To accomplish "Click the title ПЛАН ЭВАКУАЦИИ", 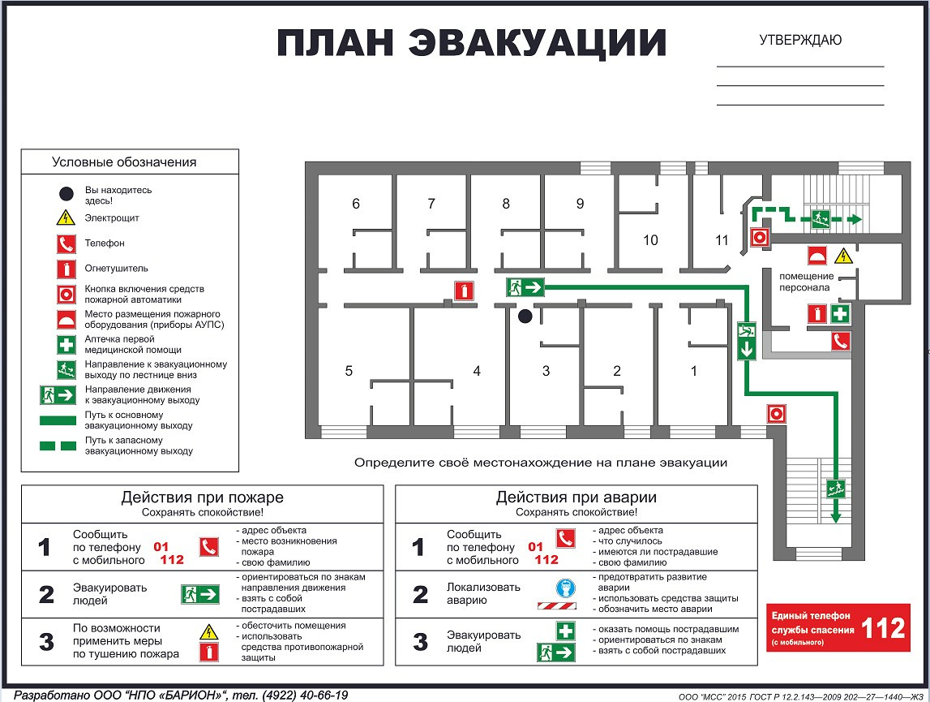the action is pos(472,43).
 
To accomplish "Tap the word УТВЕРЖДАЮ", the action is pos(800,40).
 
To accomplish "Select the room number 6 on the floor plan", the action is pos(356,204).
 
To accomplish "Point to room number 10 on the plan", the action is pos(650,240).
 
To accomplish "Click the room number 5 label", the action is pos(349,371).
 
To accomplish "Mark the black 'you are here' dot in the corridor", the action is pos(525,316).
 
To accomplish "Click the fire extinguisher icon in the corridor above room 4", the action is pos(464,291).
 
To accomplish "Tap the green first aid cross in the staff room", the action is pos(841,314).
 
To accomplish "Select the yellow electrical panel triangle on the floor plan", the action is pos(844,256).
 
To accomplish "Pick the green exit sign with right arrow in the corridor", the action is pos(525,286).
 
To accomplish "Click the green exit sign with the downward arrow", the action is pos(747,341).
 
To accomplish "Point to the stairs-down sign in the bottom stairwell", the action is pos(837,489).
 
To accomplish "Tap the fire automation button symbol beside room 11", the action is pos(760,237).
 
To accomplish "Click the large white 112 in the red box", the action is pos(883,628).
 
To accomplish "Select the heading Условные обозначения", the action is pos(124,162).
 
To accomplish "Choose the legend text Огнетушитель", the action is pos(117,268).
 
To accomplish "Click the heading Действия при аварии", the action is pos(576,497).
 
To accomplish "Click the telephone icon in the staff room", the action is pos(840,342).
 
